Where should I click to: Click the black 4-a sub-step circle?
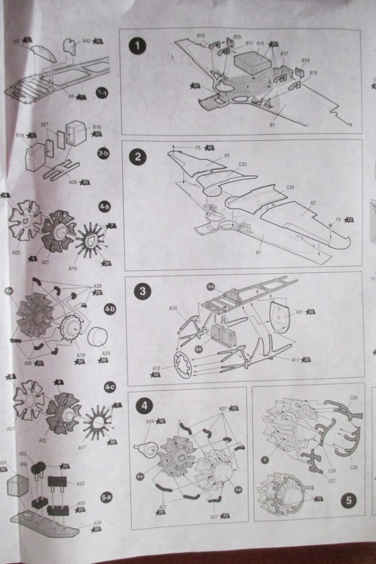[104, 207]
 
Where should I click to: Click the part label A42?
[86, 41]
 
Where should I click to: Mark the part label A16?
[72, 268]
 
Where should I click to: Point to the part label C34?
[290, 187]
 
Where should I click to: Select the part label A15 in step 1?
[260, 43]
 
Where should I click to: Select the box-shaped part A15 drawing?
[251, 63]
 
